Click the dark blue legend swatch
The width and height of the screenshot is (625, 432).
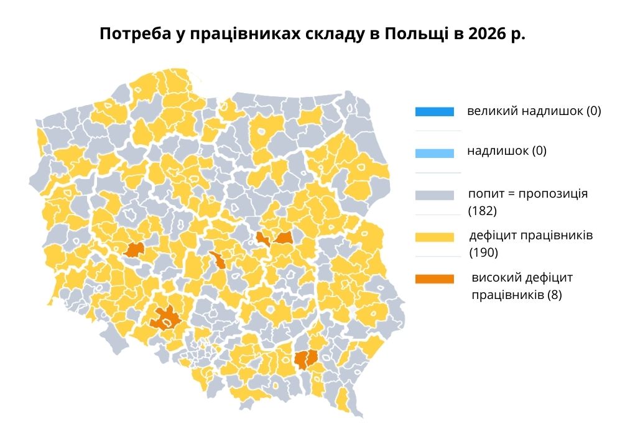(x=435, y=112)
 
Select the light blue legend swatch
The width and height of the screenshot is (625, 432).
(x=435, y=152)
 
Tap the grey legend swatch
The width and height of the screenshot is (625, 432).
(x=435, y=195)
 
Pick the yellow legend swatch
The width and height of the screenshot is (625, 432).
(x=435, y=236)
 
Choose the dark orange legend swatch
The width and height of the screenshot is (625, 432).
(x=435, y=278)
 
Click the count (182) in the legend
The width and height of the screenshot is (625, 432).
(x=483, y=211)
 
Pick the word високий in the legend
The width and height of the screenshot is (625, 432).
(x=495, y=277)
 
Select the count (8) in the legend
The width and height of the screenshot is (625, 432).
(x=555, y=295)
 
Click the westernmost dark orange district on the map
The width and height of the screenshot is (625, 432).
(x=134, y=250)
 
